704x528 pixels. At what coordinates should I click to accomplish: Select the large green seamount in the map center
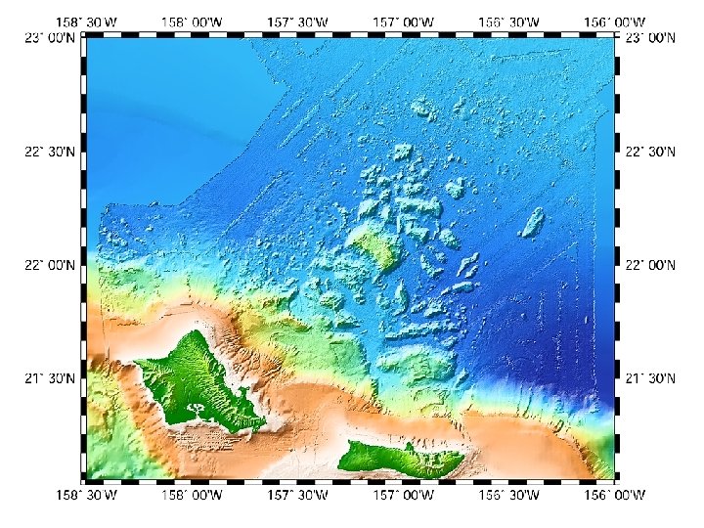click(374, 244)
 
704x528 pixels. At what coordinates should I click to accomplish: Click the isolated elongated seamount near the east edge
click(533, 222)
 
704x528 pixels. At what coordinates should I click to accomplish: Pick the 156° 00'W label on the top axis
click(615, 22)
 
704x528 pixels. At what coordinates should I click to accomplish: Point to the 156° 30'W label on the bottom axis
click(509, 496)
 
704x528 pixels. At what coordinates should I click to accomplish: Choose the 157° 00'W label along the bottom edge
click(404, 496)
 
